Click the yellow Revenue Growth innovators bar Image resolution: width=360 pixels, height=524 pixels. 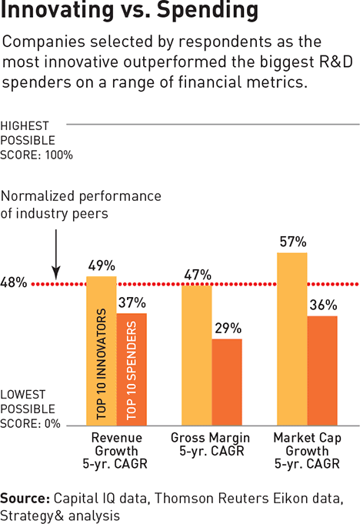(102, 351)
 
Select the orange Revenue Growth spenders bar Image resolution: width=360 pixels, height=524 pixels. (132, 369)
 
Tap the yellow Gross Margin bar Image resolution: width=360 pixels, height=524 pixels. (197, 355)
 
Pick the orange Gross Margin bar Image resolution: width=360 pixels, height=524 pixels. (227, 382)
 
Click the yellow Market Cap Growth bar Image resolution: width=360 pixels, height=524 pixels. (292, 339)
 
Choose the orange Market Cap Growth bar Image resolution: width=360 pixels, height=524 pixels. (322, 371)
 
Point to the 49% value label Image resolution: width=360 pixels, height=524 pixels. (102, 265)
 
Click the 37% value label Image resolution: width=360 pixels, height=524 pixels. (132, 302)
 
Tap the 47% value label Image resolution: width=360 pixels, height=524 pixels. (198, 275)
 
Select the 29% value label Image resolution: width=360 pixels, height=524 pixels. (228, 329)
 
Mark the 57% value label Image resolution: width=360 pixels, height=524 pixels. (293, 242)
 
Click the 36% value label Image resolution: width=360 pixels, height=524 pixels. (323, 305)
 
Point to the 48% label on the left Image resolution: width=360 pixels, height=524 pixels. (14, 282)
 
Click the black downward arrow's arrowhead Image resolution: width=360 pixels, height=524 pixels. (56, 273)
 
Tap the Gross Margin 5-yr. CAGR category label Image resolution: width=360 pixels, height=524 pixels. (211, 444)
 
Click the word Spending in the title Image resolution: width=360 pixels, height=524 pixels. (208, 11)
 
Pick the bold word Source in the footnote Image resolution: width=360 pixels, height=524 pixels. (25, 499)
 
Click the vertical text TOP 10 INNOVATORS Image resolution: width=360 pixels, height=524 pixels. (102, 364)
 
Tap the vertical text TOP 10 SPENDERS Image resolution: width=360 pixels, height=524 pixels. (132, 370)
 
